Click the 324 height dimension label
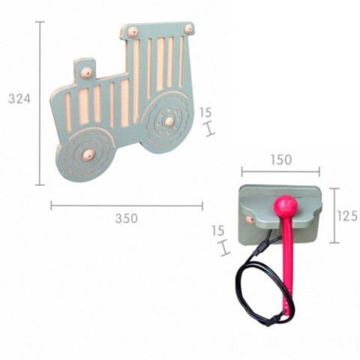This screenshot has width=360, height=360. pyautogui.click(x=19, y=98)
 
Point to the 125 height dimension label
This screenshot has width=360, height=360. pyautogui.click(x=346, y=216)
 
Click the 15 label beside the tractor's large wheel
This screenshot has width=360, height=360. pyautogui.click(x=205, y=112)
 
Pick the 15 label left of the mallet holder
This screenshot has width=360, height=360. pyautogui.click(x=217, y=231)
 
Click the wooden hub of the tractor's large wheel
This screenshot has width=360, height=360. pyautogui.click(x=169, y=121)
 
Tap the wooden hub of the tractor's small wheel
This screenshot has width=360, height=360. pyautogui.click(x=88, y=154)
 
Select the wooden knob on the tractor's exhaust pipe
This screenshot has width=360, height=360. pyautogui.click(x=86, y=73)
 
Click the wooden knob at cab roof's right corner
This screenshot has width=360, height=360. pyautogui.click(x=189, y=29)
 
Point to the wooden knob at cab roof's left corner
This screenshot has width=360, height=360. pyautogui.click(x=133, y=32)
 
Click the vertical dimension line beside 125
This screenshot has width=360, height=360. pyautogui.click(x=334, y=215)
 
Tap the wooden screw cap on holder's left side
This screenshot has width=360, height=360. pyautogui.click(x=250, y=220)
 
